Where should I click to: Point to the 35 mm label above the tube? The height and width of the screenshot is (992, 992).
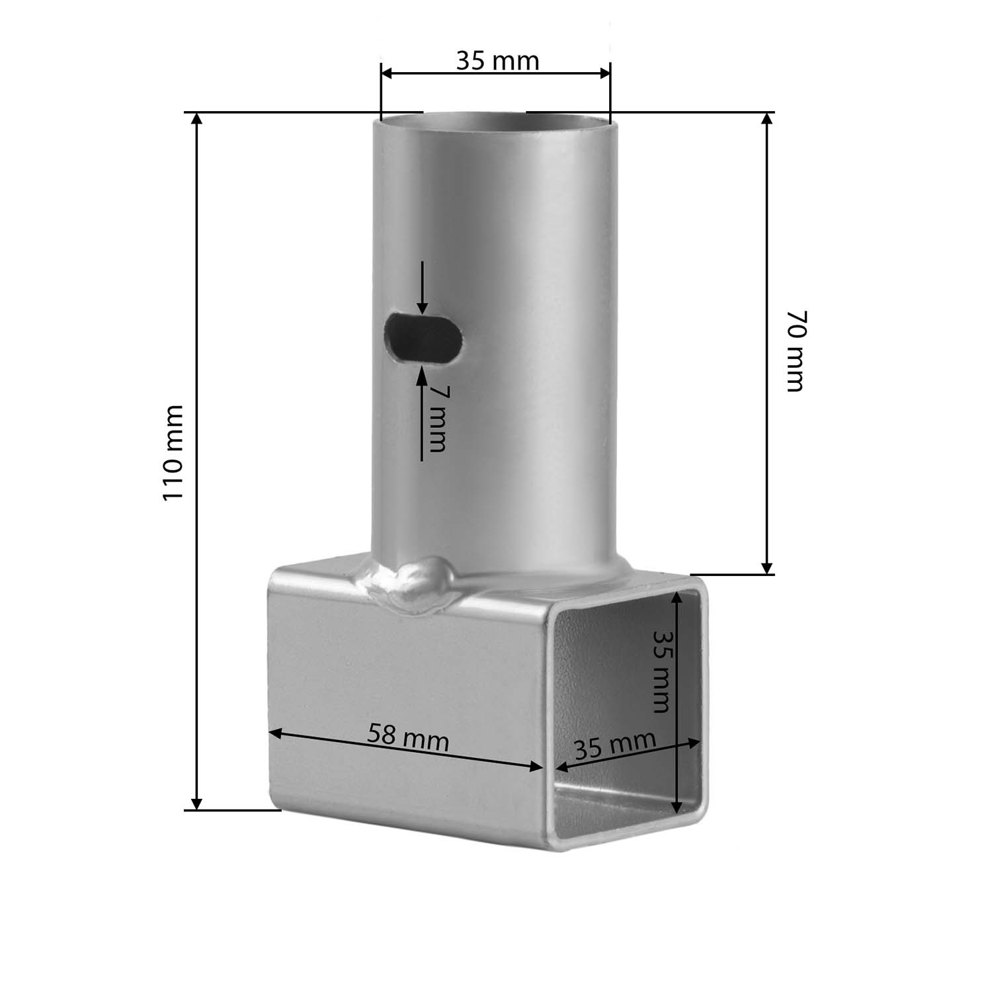497,61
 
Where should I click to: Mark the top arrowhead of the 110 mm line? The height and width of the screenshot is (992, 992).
196,120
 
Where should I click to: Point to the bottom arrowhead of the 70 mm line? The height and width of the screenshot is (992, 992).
766,567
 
